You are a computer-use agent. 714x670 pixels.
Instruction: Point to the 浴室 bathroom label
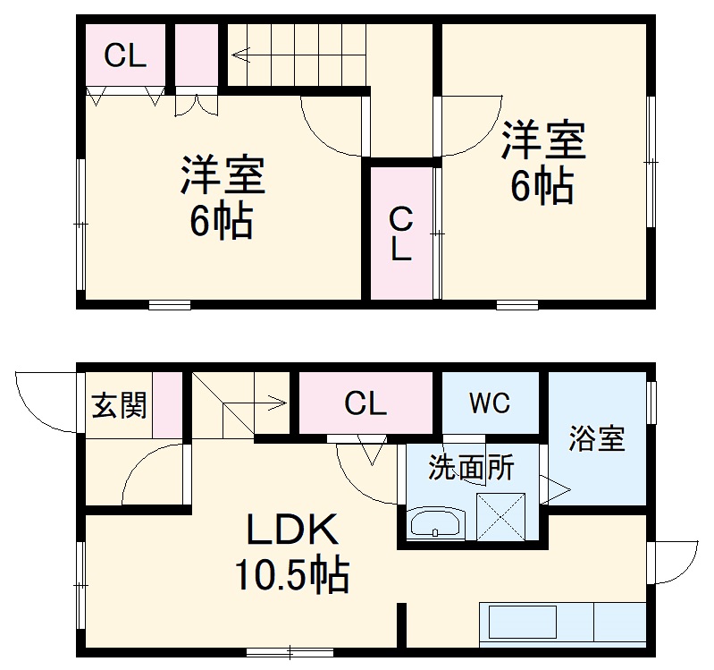597,439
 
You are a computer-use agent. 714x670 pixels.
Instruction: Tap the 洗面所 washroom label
471,468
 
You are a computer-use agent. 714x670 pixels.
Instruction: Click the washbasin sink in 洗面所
436,523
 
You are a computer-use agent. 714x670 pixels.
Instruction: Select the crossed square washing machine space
502,514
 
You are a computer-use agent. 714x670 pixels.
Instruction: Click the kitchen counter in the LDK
563,623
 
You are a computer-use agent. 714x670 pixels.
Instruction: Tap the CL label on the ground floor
366,404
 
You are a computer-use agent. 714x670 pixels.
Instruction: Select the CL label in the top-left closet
125,56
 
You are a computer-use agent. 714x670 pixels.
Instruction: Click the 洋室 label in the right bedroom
542,140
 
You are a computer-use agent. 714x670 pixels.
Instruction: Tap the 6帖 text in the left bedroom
221,221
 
